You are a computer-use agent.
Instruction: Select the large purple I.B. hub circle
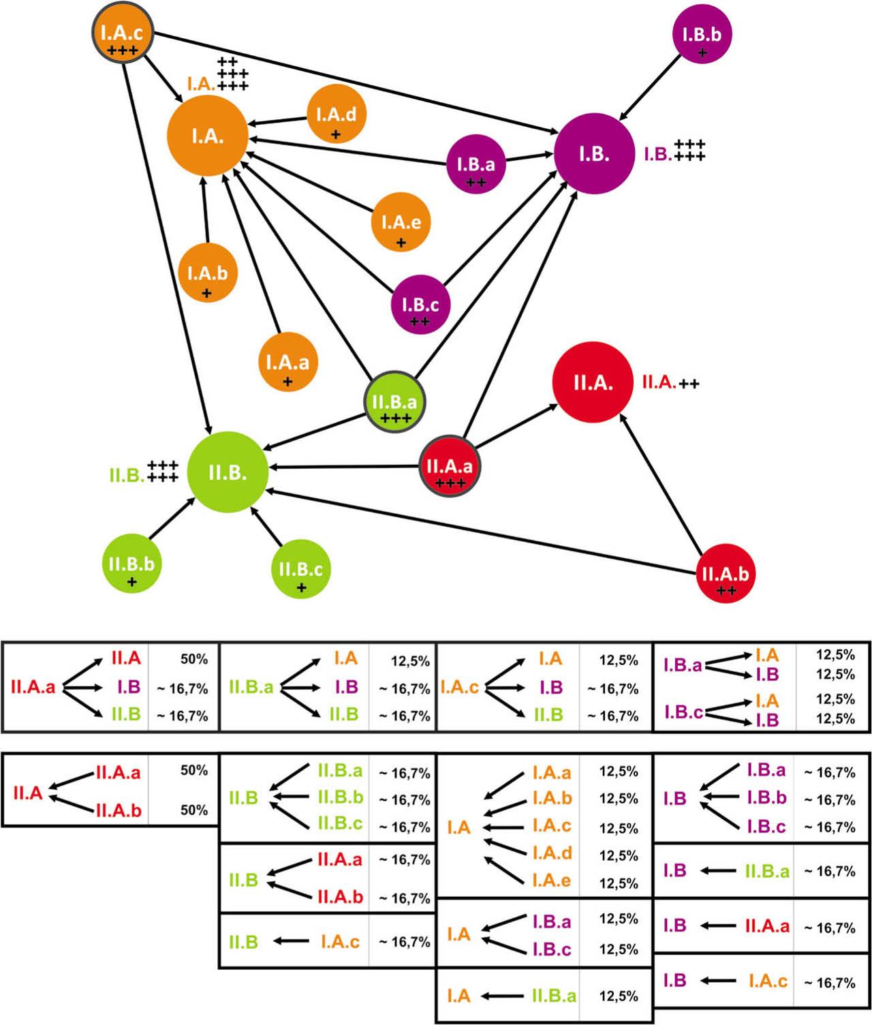(x=593, y=153)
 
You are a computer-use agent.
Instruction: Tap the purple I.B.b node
(x=702, y=35)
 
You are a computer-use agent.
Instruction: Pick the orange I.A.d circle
(x=336, y=114)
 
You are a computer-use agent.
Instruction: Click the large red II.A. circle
(x=592, y=382)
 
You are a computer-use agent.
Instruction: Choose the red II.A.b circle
(x=726, y=573)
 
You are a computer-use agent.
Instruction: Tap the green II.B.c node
(x=300, y=569)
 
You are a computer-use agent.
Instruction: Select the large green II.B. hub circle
(x=227, y=472)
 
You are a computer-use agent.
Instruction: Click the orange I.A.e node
(x=401, y=222)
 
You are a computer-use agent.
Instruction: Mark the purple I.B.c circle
(x=420, y=305)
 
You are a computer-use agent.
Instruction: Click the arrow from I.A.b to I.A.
(x=204, y=211)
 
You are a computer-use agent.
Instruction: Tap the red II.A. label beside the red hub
(x=659, y=382)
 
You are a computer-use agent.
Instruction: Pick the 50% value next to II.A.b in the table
(x=194, y=810)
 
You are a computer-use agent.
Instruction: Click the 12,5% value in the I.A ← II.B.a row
(x=619, y=996)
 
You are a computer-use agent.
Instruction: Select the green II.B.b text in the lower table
(x=340, y=797)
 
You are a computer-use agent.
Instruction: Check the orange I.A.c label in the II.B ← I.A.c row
(x=340, y=942)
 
